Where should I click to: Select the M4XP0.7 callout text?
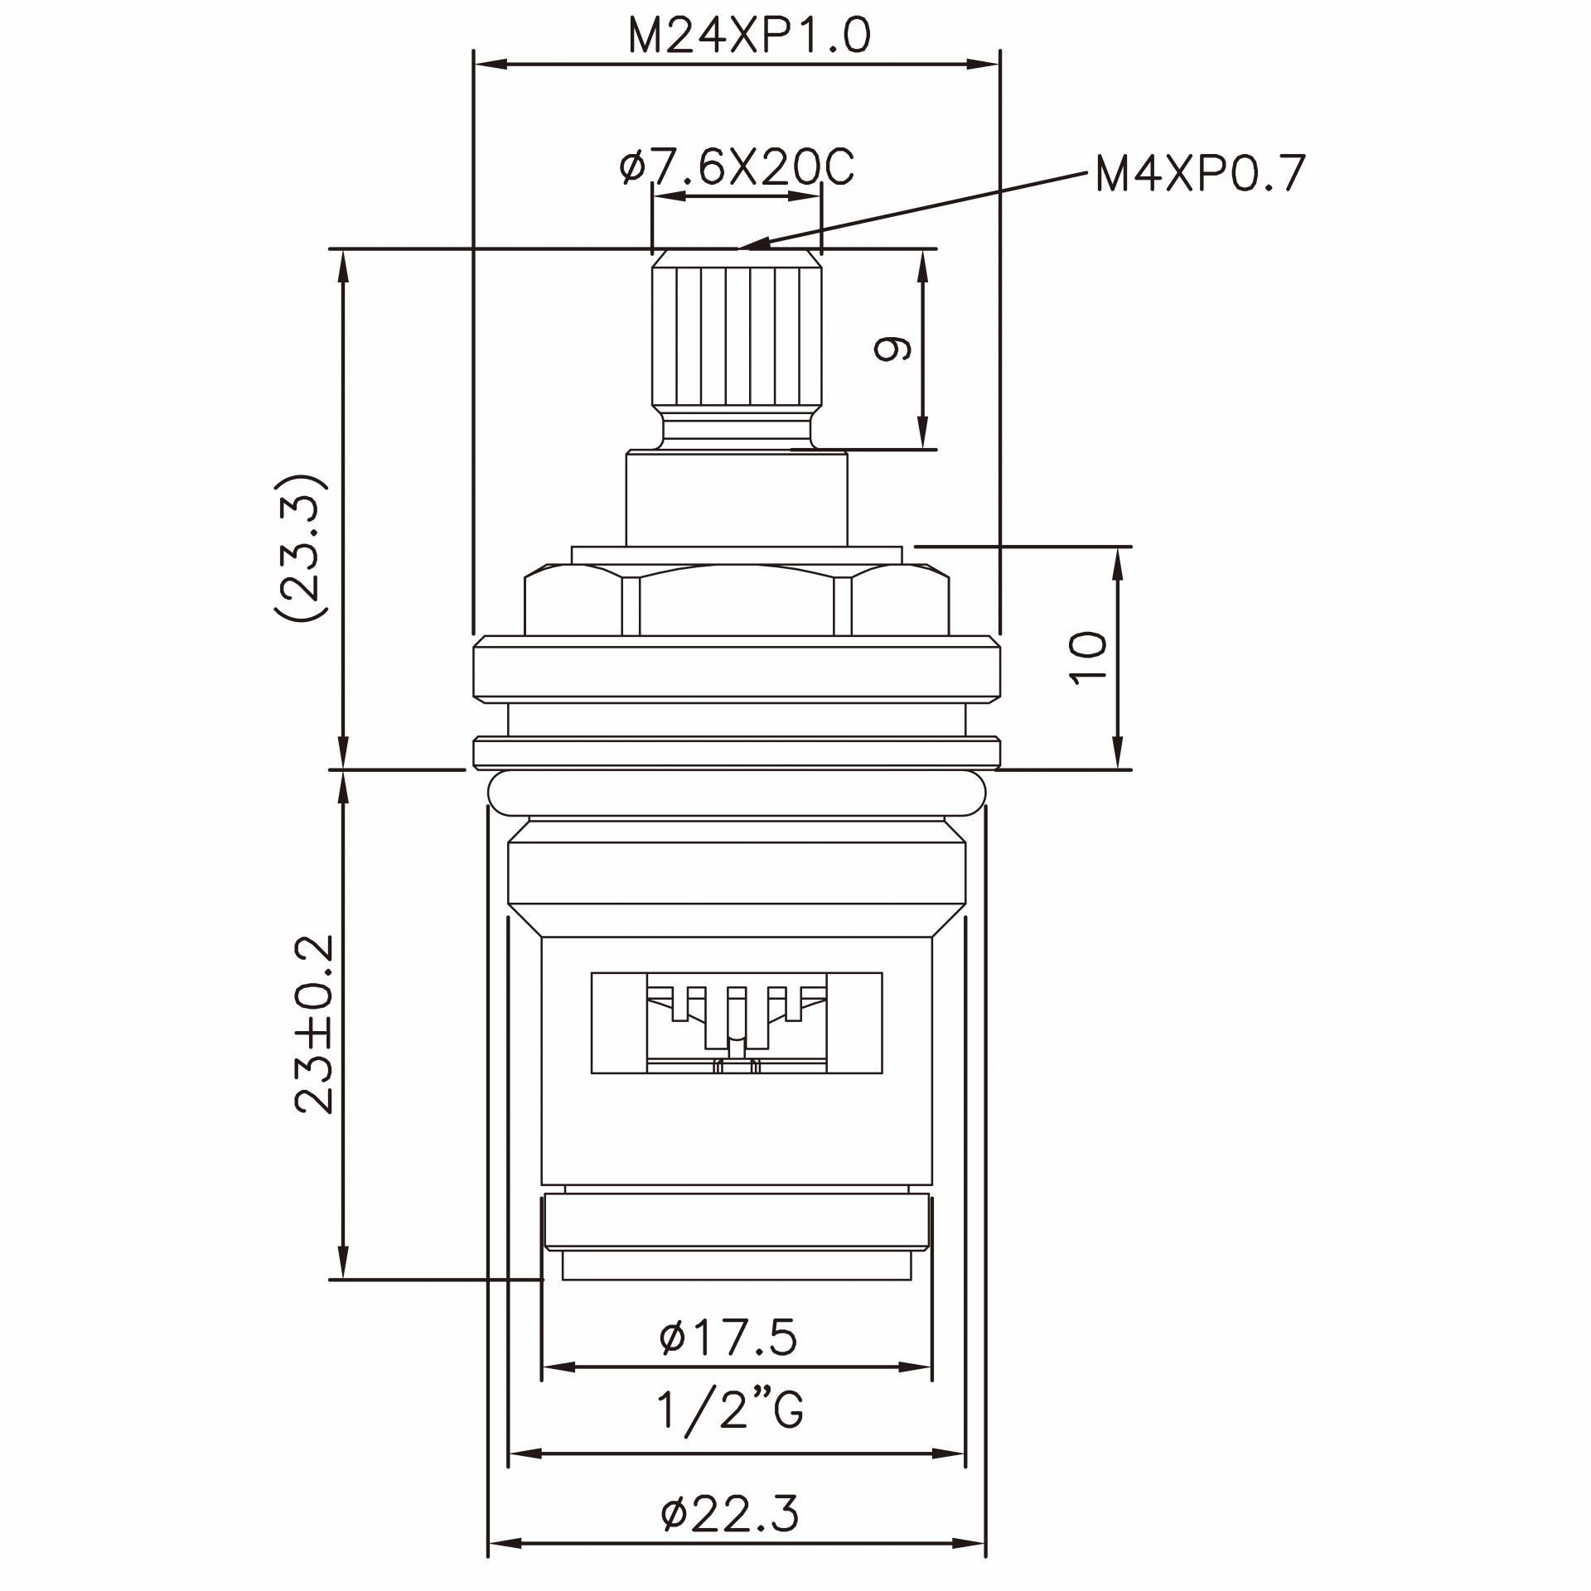click(1201, 174)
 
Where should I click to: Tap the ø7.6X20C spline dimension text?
click(737, 168)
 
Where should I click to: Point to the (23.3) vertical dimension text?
click(300, 547)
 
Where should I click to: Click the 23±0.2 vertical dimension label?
click(314, 1024)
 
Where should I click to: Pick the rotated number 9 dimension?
click(892, 349)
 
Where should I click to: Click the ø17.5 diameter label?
click(728, 1338)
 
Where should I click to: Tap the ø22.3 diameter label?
click(730, 1513)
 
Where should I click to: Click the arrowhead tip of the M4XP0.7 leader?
click(742, 246)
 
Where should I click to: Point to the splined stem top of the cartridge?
click(737, 335)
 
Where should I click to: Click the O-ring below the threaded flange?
click(737, 793)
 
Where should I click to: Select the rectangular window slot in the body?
click(737, 1023)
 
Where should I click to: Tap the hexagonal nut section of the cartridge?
click(737, 601)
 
